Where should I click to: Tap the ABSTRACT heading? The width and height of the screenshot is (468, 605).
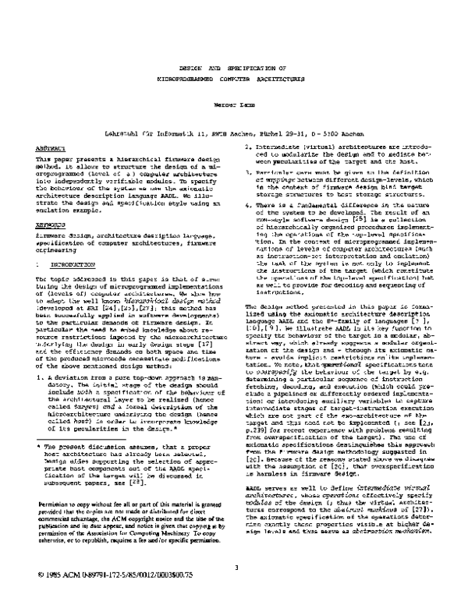[x=48, y=146]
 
